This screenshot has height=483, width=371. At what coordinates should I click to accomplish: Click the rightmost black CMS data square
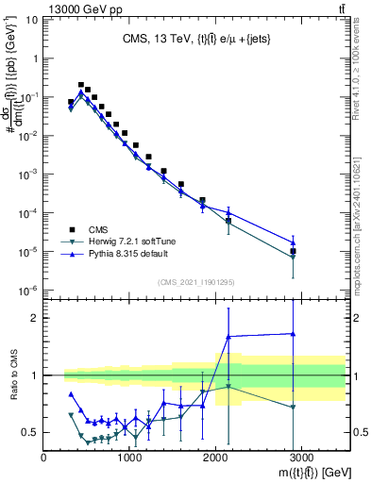(294, 251)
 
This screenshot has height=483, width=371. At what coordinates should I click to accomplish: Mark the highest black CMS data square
(81, 85)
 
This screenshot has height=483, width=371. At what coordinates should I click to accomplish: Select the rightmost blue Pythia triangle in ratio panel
(294, 333)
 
